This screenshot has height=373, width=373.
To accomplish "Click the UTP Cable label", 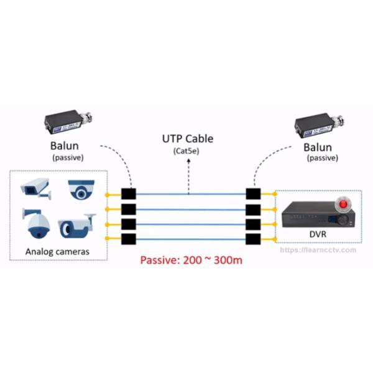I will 188,139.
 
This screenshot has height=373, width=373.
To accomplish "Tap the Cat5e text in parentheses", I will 188,151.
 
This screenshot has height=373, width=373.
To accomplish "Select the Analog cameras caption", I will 57,252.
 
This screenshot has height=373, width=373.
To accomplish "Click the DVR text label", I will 318,234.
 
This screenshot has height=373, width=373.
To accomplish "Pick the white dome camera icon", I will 81,189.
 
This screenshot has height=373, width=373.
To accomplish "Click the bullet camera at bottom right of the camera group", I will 77,226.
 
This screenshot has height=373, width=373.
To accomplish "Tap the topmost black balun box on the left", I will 129,194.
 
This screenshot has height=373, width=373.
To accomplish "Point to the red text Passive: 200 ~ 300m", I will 191,259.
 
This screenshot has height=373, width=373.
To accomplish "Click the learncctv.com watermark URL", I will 318,250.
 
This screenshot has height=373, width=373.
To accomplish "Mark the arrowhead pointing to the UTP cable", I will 188,188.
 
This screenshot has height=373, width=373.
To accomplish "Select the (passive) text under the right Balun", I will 323,159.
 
